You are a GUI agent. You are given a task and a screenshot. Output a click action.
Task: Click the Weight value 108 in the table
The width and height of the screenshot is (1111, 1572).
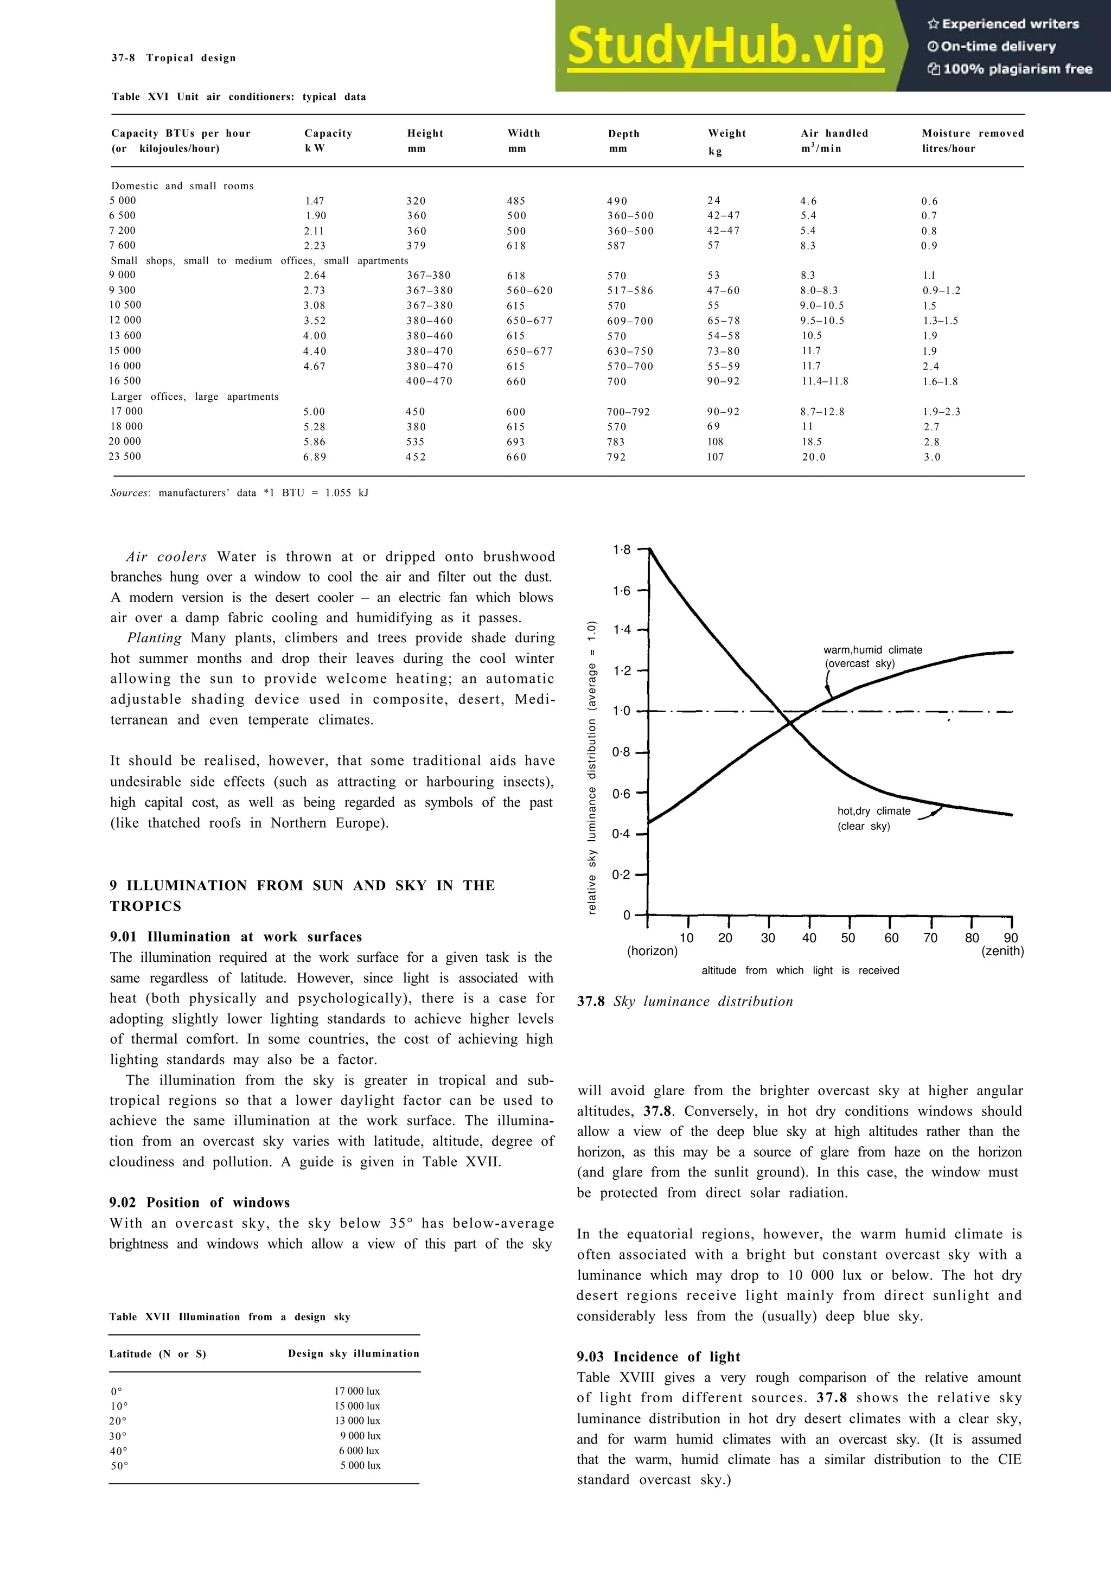[x=716, y=442]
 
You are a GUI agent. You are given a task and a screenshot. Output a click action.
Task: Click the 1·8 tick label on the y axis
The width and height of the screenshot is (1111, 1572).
[x=622, y=550]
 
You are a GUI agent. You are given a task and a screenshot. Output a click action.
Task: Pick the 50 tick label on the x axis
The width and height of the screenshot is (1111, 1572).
[x=847, y=938]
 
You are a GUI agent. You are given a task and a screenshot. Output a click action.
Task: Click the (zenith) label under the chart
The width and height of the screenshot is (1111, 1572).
[x=1002, y=951]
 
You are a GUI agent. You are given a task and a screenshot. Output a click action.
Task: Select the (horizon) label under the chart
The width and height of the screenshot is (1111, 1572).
[x=653, y=951]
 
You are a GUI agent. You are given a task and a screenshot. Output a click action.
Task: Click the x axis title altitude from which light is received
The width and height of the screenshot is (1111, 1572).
[x=800, y=970]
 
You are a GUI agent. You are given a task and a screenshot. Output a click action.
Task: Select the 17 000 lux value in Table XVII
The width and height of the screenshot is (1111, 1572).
[x=356, y=1391]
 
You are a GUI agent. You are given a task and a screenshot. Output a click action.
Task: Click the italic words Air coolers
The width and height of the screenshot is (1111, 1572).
[x=167, y=557]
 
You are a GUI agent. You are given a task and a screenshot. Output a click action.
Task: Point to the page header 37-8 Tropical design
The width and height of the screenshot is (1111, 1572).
[x=173, y=58]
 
